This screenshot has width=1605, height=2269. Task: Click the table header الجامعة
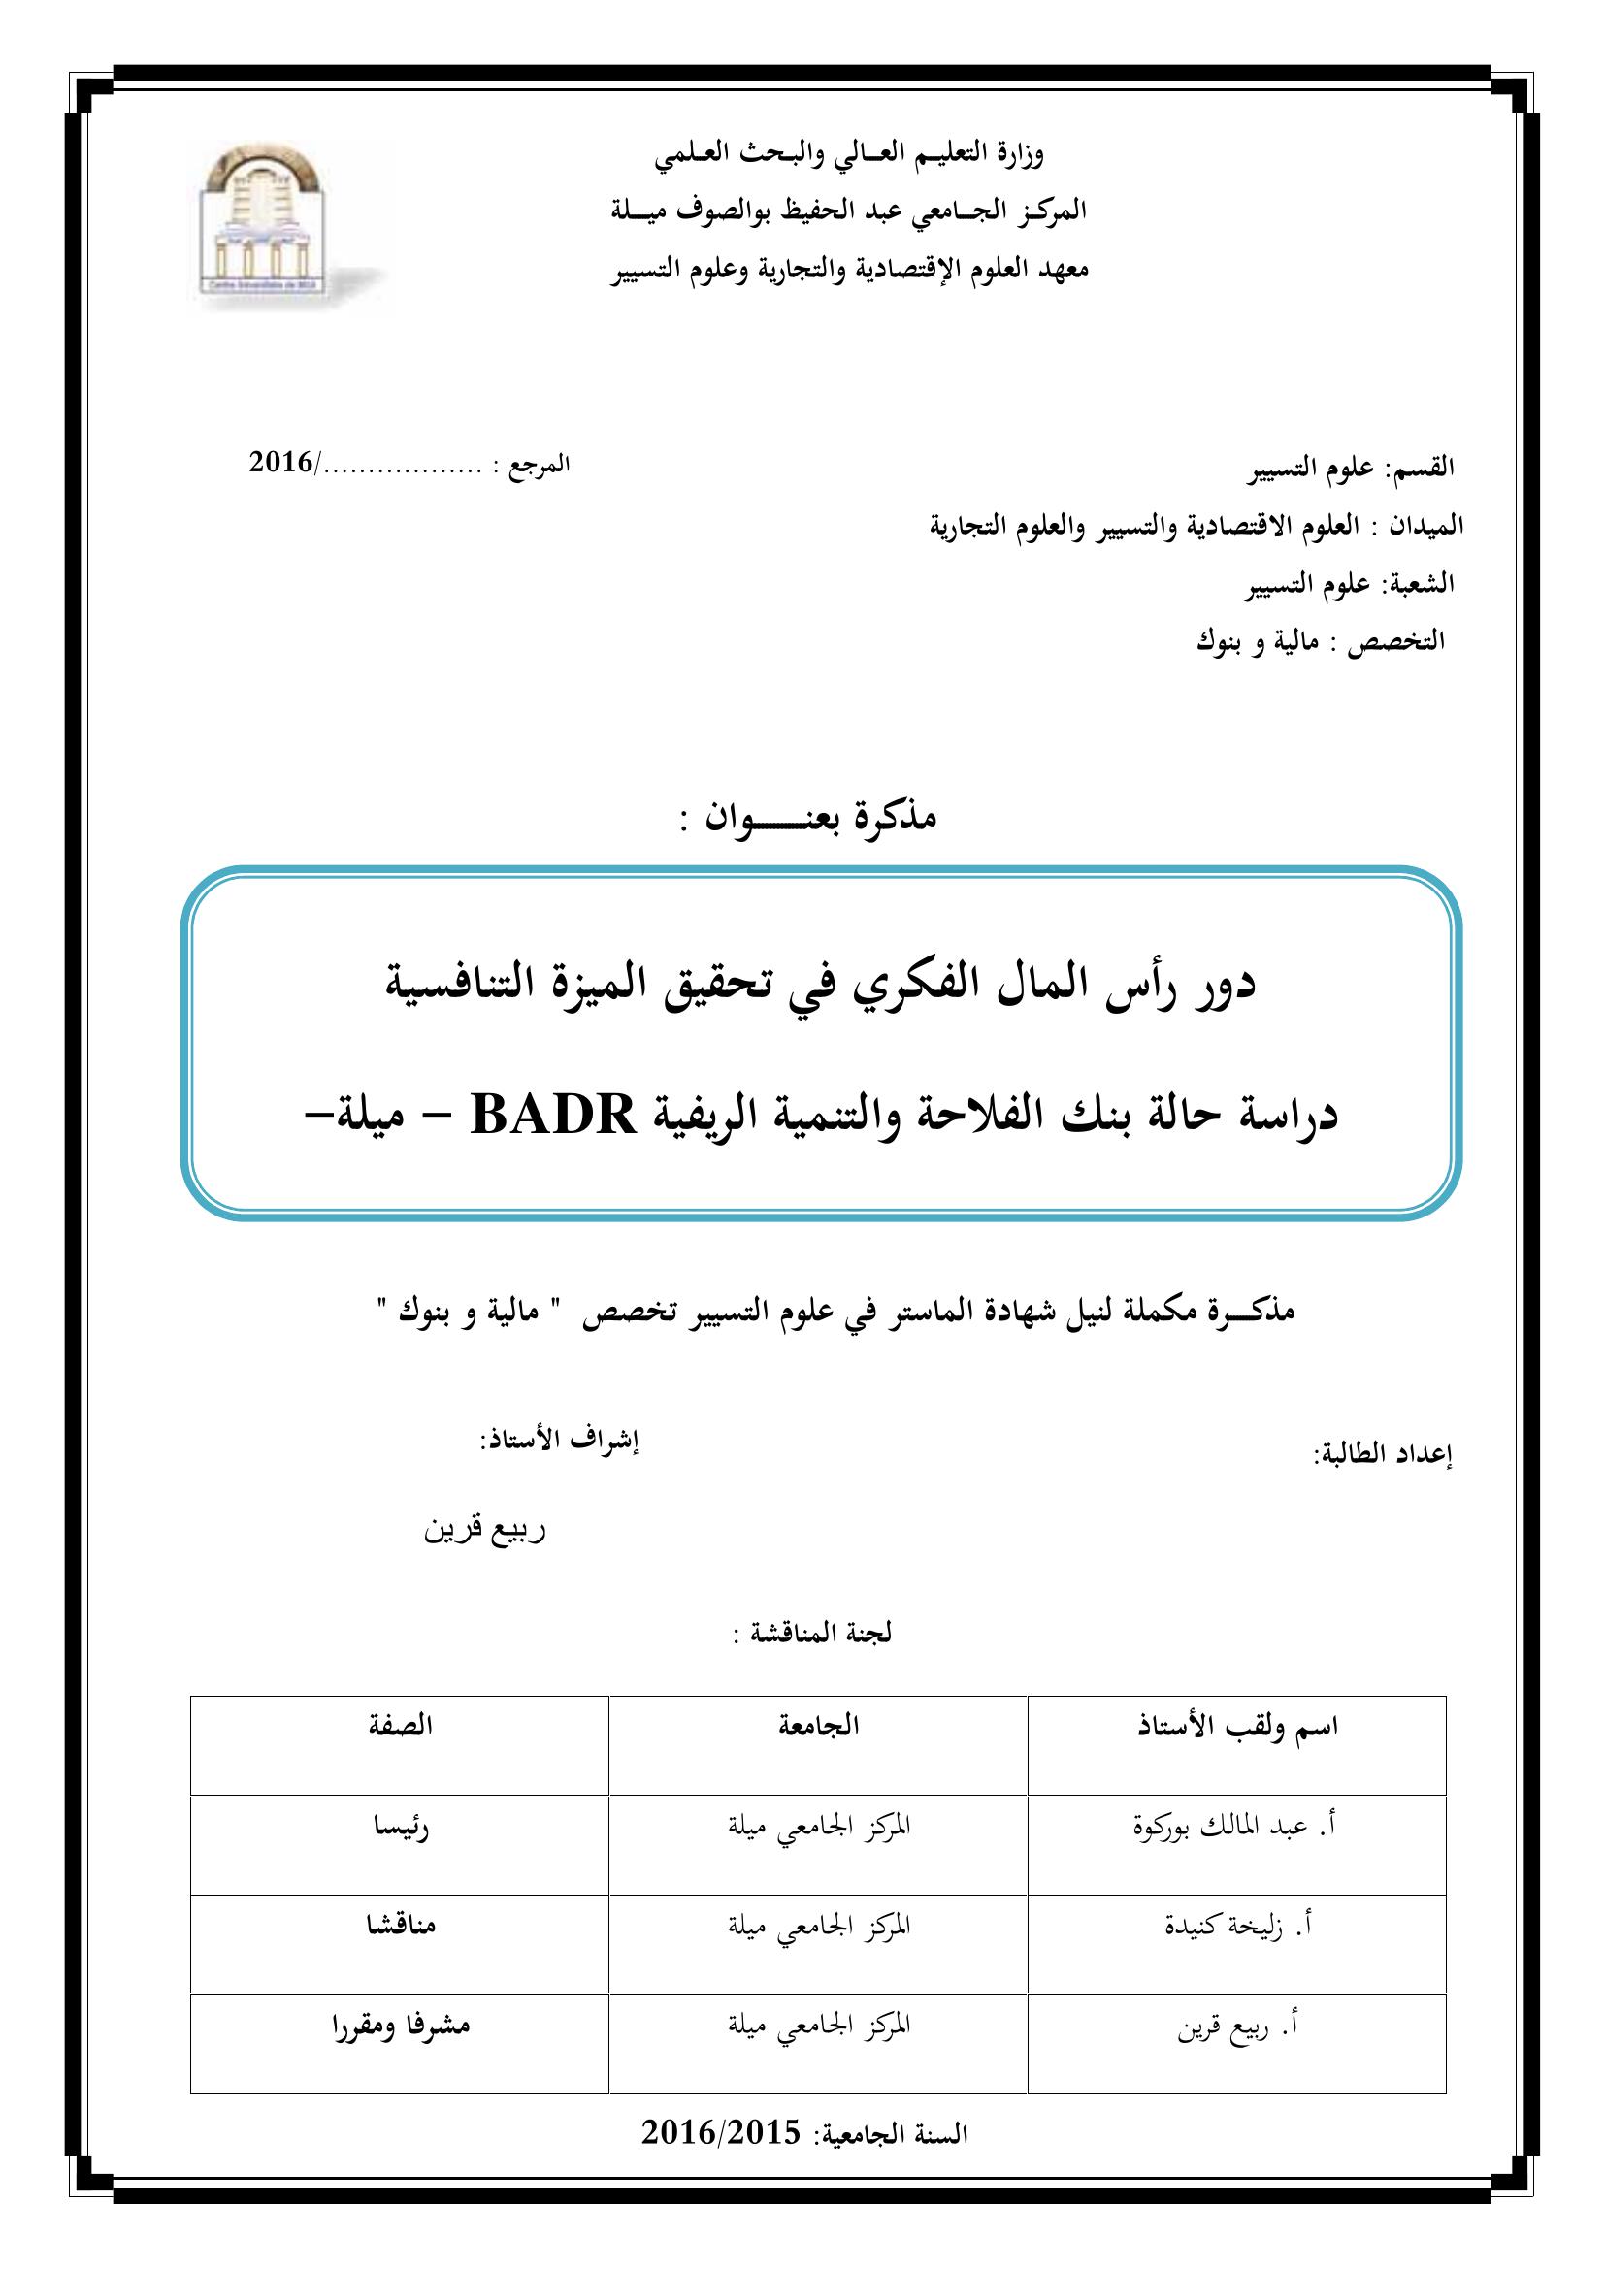(818, 1727)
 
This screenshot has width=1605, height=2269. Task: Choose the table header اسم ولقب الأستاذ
(1238, 1728)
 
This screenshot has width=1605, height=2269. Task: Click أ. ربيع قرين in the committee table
(1237, 2026)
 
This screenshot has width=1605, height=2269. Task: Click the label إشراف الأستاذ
(559, 1441)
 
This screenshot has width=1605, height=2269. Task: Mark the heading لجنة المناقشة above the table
(812, 1634)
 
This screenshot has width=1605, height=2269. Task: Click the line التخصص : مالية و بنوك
(1321, 641)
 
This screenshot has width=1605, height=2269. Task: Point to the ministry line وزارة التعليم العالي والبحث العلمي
(850, 153)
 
